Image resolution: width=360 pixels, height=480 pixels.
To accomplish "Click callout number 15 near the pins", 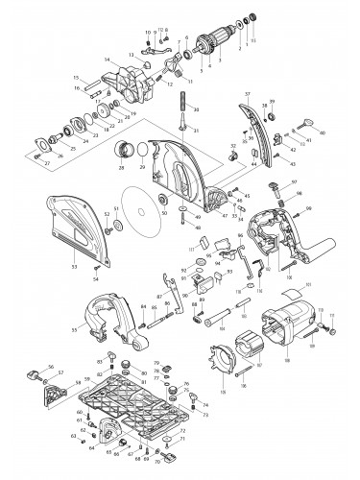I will [x=74, y=78].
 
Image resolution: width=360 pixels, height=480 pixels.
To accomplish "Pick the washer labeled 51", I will [x=113, y=225].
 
